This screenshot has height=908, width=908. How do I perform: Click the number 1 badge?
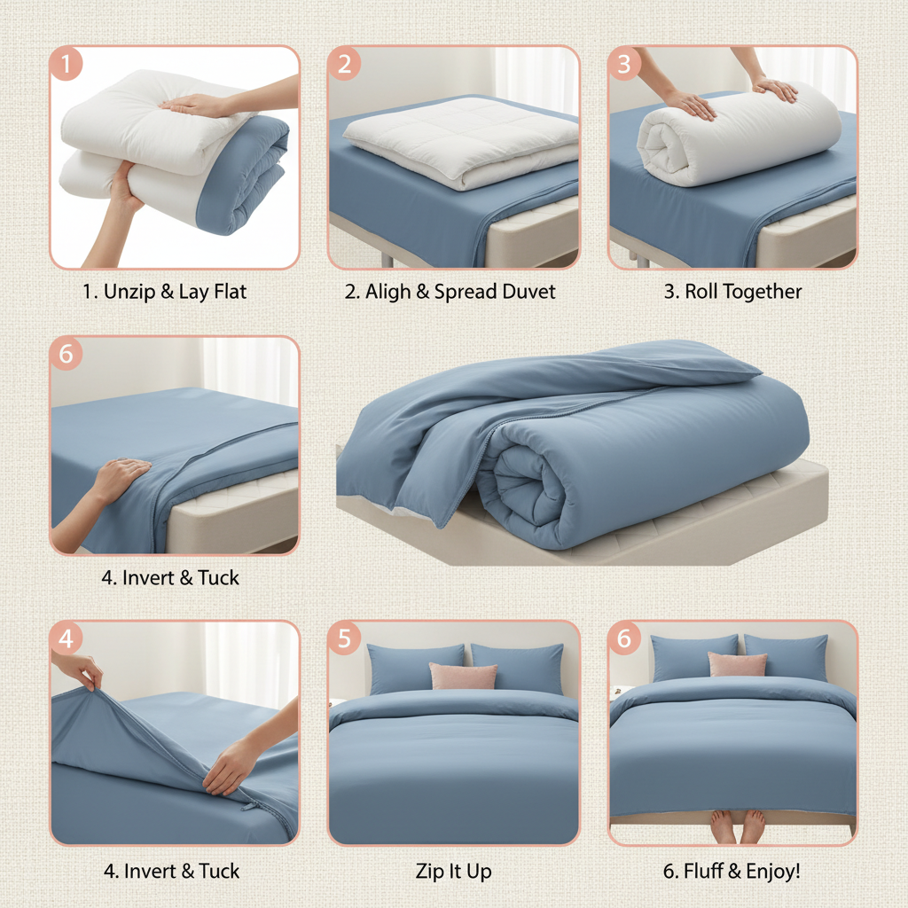coord(67,65)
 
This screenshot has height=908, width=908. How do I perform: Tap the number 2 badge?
coord(344,65)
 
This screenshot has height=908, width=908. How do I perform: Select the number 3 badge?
coord(623,65)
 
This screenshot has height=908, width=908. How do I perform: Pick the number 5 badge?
coord(344,638)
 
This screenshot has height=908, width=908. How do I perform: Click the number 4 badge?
coord(67,638)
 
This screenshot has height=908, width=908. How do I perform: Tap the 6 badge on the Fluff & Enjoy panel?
coord(623,638)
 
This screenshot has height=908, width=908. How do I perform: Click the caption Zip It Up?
coord(453,872)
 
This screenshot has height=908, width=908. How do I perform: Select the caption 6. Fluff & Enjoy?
coord(732,872)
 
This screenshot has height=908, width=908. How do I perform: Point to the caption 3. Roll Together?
coord(732,292)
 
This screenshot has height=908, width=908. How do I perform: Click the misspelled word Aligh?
coord(387,292)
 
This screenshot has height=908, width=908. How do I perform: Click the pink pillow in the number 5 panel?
coord(463,677)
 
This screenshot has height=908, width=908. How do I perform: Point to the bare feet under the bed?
coord(738,826)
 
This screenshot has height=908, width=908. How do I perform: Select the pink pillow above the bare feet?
coord(737,664)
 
